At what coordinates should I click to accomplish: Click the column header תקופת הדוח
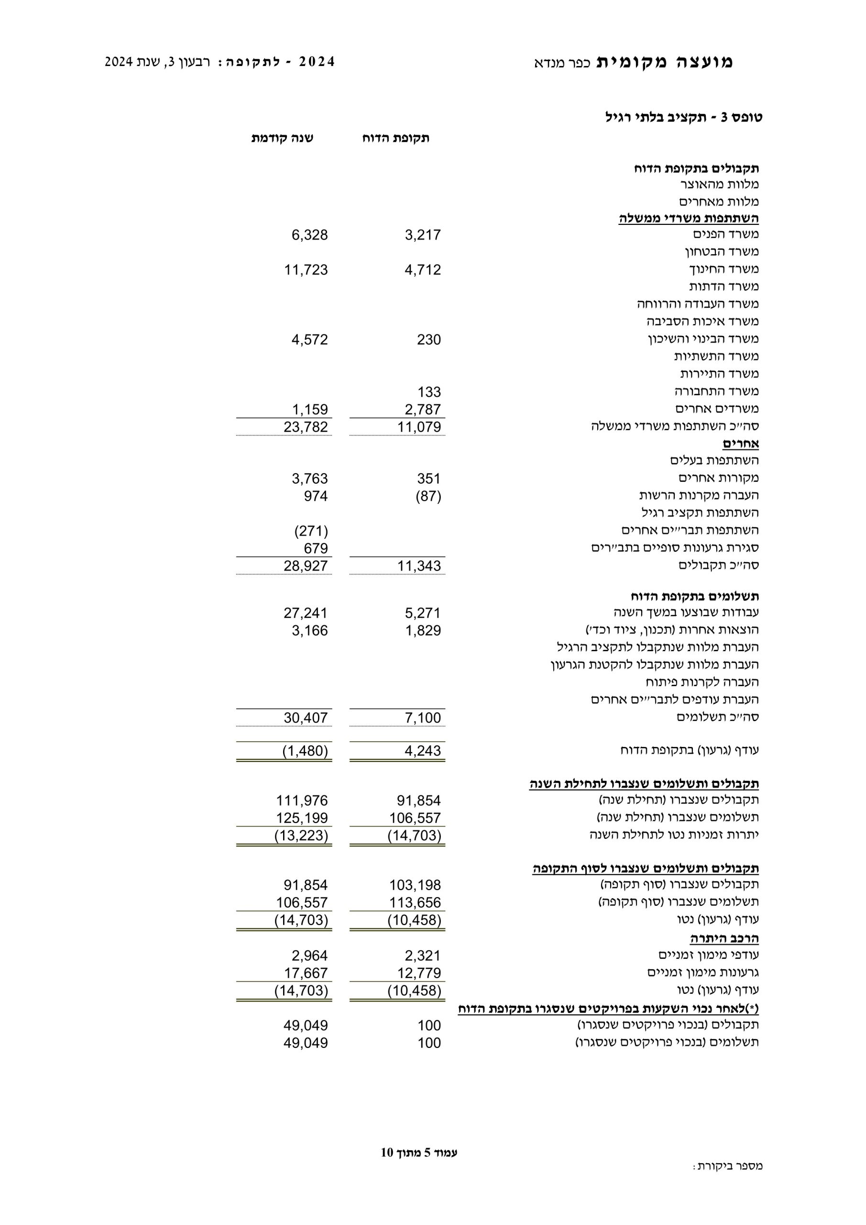click(x=395, y=138)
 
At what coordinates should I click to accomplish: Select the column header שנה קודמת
click(x=282, y=138)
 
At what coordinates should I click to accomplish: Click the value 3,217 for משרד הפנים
click(x=422, y=235)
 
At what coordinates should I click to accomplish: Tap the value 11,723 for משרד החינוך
click(x=306, y=270)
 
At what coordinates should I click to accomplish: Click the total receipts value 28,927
click(x=306, y=566)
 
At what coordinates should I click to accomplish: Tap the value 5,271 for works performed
click(x=422, y=613)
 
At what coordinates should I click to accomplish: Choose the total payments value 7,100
click(x=422, y=718)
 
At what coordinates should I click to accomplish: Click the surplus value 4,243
click(x=422, y=751)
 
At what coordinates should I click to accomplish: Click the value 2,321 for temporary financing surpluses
click(x=422, y=955)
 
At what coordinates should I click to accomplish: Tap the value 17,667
click(x=306, y=973)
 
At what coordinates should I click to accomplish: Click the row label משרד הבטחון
click(x=722, y=251)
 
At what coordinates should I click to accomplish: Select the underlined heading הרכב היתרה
click(x=724, y=938)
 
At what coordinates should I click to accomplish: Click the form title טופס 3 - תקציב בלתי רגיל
click(x=684, y=117)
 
